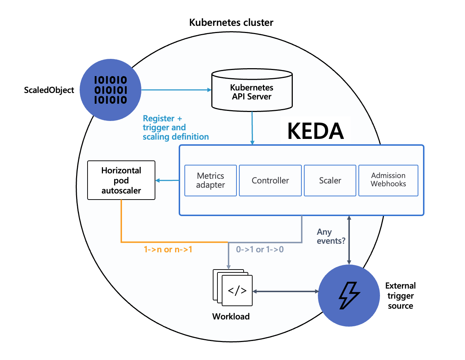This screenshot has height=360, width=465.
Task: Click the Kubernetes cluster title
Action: click(x=231, y=23)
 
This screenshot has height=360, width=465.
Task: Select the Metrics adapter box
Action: click(x=211, y=181)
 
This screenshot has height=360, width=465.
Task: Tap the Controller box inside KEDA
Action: click(x=270, y=181)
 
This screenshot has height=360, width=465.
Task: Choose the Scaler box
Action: click(x=330, y=181)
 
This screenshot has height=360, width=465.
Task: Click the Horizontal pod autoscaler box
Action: click(x=121, y=180)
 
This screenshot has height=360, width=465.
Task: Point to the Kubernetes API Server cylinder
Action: click(x=252, y=92)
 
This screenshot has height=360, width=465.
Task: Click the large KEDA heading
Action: click(x=315, y=131)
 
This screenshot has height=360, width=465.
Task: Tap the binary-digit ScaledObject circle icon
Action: click(x=111, y=90)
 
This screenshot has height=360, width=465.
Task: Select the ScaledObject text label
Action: click(x=49, y=90)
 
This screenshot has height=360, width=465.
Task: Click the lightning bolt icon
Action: click(x=349, y=295)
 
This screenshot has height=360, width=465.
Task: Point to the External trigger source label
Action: click(x=400, y=296)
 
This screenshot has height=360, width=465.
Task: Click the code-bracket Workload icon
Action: click(x=237, y=290)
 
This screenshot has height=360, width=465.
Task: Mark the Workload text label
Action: click(x=231, y=317)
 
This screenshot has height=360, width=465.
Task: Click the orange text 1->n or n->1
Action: click(x=168, y=249)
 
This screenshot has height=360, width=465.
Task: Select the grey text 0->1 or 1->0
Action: click(x=260, y=249)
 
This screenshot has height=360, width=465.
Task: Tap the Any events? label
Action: click(x=330, y=237)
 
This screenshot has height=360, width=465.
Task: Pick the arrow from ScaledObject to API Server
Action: click(x=176, y=90)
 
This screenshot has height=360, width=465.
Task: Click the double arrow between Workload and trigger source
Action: click(x=285, y=291)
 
